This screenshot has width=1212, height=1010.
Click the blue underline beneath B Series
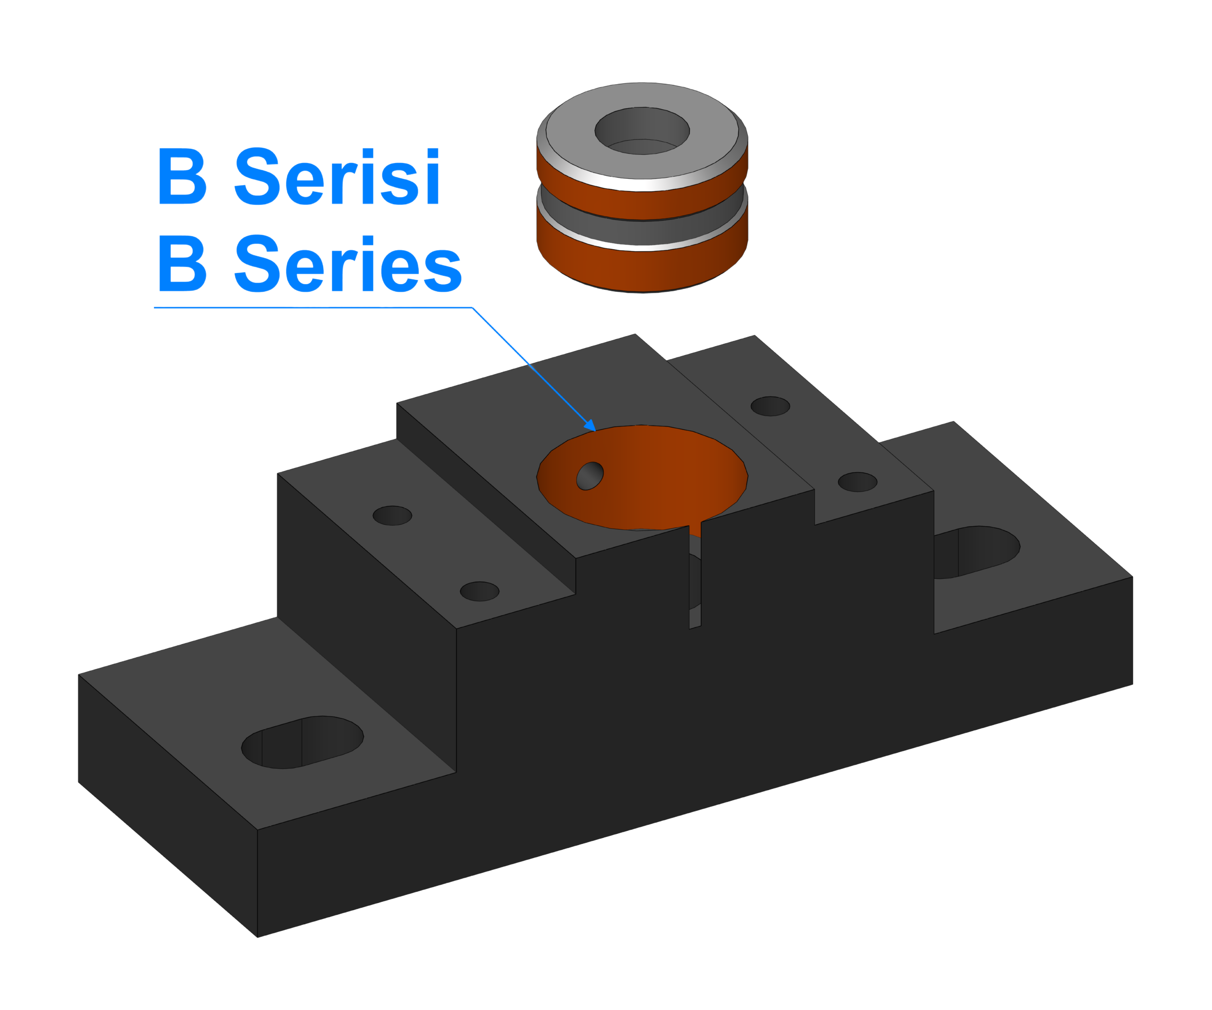click(x=313, y=308)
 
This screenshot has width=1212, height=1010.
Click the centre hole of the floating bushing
click(x=642, y=131)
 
